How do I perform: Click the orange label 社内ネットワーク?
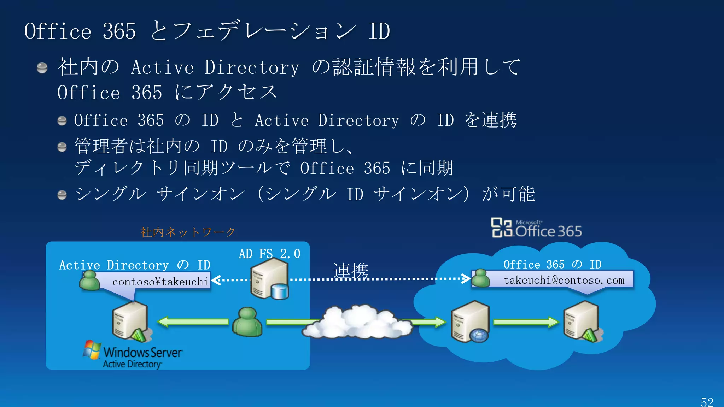(188, 232)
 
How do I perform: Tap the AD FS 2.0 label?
(269, 254)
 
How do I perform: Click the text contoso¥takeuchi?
(160, 282)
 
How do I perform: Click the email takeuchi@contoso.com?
(564, 280)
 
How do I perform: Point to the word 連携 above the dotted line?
(351, 271)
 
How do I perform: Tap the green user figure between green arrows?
(247, 322)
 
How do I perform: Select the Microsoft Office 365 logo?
(536, 228)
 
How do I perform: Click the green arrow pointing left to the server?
(193, 322)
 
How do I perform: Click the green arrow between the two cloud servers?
(526, 322)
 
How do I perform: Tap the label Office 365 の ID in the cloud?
(552, 264)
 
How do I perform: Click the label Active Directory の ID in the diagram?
(135, 265)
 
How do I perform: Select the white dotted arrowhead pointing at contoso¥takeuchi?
(216, 280)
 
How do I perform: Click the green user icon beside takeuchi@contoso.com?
(481, 278)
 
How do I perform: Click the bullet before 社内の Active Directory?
(42, 67)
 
